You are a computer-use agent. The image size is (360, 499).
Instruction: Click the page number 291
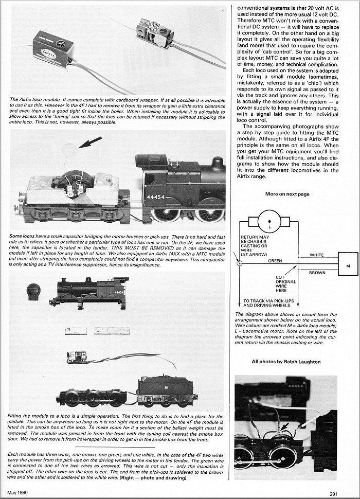334,494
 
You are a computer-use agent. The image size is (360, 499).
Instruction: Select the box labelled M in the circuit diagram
348,266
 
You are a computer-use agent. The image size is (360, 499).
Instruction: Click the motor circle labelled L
269,221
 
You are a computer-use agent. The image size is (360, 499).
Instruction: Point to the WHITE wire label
317,255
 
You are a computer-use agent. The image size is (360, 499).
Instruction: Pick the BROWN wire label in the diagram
317,273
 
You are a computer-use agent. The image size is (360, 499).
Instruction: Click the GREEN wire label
275,261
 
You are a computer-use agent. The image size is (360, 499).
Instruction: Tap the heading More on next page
287,194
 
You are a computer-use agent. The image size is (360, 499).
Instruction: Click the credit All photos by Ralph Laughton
286,362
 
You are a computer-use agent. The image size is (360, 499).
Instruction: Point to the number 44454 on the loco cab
156,197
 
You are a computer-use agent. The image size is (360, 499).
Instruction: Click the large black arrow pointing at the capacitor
90,142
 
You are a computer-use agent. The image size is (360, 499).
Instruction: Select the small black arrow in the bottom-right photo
285,426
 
